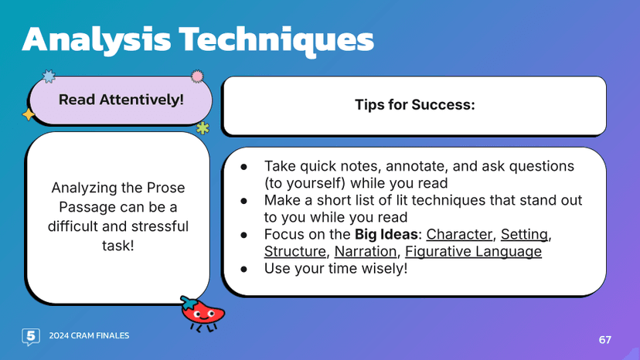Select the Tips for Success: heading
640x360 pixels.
(x=414, y=104)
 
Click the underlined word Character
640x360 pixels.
(x=459, y=234)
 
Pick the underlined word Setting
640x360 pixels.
(x=524, y=234)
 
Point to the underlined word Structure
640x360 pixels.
(x=295, y=252)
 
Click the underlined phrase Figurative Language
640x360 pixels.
(x=473, y=252)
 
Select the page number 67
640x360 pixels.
(x=604, y=340)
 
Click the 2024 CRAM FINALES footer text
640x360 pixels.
(x=89, y=336)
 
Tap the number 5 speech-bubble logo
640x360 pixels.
(x=30, y=336)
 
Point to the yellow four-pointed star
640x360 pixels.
(x=29, y=114)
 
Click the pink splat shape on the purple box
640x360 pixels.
(x=197, y=76)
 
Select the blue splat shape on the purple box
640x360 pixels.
(x=49, y=76)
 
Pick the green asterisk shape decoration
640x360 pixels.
(x=203, y=127)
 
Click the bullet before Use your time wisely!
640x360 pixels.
(x=243, y=269)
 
